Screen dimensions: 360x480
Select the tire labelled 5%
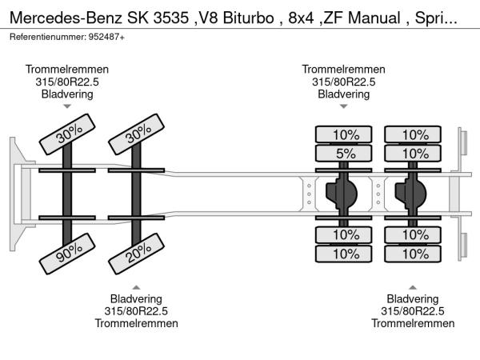[x=346, y=152]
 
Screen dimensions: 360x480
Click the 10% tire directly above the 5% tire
[x=346, y=134]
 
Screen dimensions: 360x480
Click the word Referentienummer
[x=45, y=37]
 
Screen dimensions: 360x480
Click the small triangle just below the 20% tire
[x=137, y=286]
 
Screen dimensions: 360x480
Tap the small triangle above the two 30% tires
[x=67, y=106]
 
